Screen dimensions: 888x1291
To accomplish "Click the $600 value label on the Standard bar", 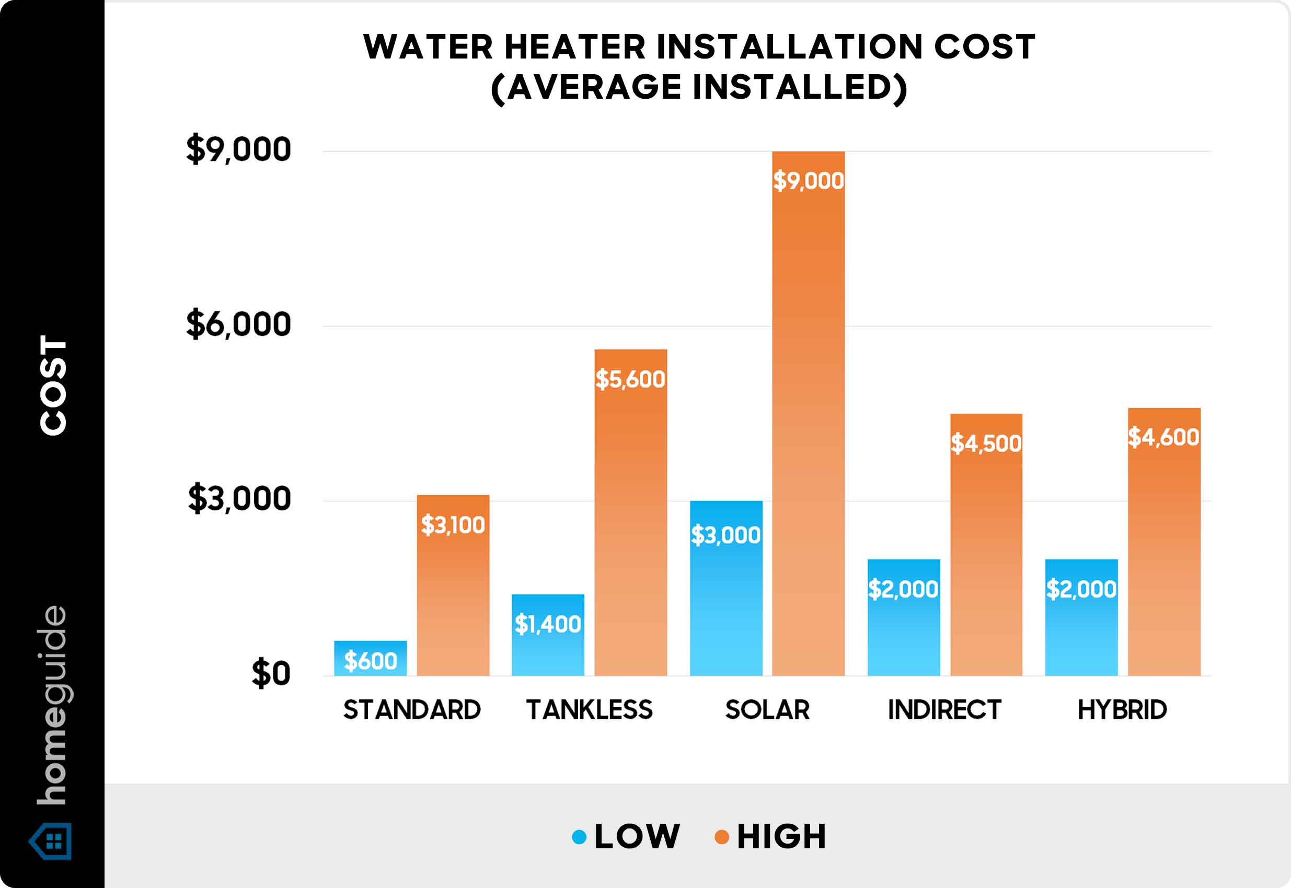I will [x=370, y=661].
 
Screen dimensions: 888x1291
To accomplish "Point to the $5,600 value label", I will [x=630, y=379].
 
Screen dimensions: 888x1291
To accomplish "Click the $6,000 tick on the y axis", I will [x=238, y=324].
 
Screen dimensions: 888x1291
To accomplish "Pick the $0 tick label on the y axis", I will [x=271, y=673].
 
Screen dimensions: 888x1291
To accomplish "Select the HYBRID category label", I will [x=1122, y=710].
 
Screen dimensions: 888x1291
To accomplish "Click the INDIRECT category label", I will [x=944, y=710].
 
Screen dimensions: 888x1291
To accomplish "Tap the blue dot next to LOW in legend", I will [x=579, y=837].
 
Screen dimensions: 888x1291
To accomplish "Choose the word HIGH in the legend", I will [x=781, y=837].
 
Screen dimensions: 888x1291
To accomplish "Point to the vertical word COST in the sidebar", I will [x=53, y=385].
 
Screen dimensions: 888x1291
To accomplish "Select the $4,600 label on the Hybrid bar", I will [x=1163, y=437].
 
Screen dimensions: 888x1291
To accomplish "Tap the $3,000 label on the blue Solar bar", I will [x=725, y=535].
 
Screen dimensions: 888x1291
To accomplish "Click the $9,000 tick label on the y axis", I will [x=238, y=150].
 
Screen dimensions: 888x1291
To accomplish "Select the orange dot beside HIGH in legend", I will [x=721, y=837].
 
